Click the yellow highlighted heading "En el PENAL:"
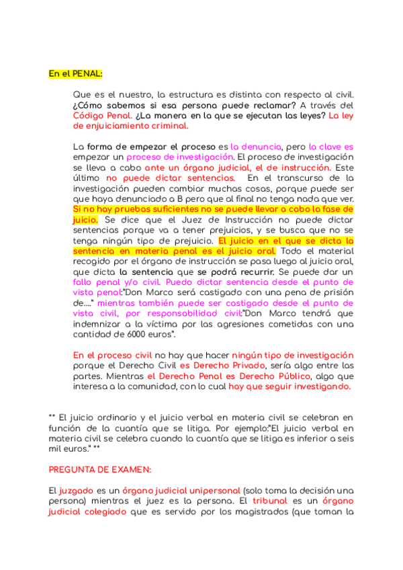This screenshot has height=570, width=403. pyautogui.click(x=75, y=73)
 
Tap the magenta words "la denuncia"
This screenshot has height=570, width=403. pyautogui.click(x=255, y=147)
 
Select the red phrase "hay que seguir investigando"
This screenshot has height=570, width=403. pyautogui.click(x=288, y=386)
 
